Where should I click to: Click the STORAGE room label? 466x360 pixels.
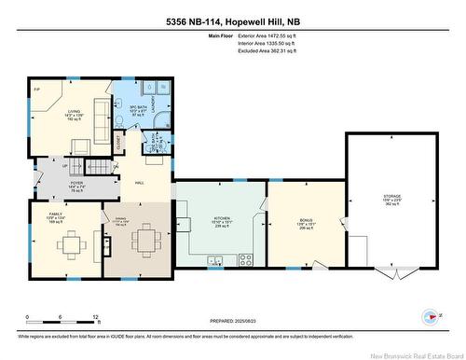tap(391, 198)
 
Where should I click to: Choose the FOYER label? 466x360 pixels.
tap(63, 183)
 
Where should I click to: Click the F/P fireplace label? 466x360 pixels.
tap(37, 90)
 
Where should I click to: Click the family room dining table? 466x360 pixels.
tap(70, 245)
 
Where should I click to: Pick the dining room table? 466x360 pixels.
tap(144, 244)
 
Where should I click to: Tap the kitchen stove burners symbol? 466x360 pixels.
tap(246, 258)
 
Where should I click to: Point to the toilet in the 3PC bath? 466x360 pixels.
tap(123, 120)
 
